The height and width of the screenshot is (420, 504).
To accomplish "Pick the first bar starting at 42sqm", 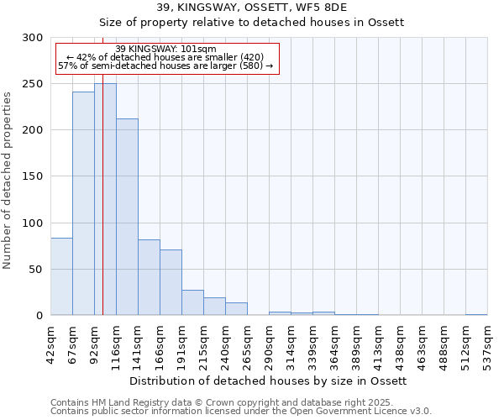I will (x=61, y=276).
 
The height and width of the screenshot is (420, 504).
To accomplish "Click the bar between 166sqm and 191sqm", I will (x=171, y=282).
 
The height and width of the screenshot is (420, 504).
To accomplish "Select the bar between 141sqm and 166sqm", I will (x=149, y=277).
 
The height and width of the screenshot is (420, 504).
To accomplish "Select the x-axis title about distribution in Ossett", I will (x=269, y=381).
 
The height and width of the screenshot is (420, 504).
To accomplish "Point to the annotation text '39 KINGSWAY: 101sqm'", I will (x=165, y=49).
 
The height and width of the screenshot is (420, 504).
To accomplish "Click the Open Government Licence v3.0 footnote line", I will (x=241, y=412).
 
